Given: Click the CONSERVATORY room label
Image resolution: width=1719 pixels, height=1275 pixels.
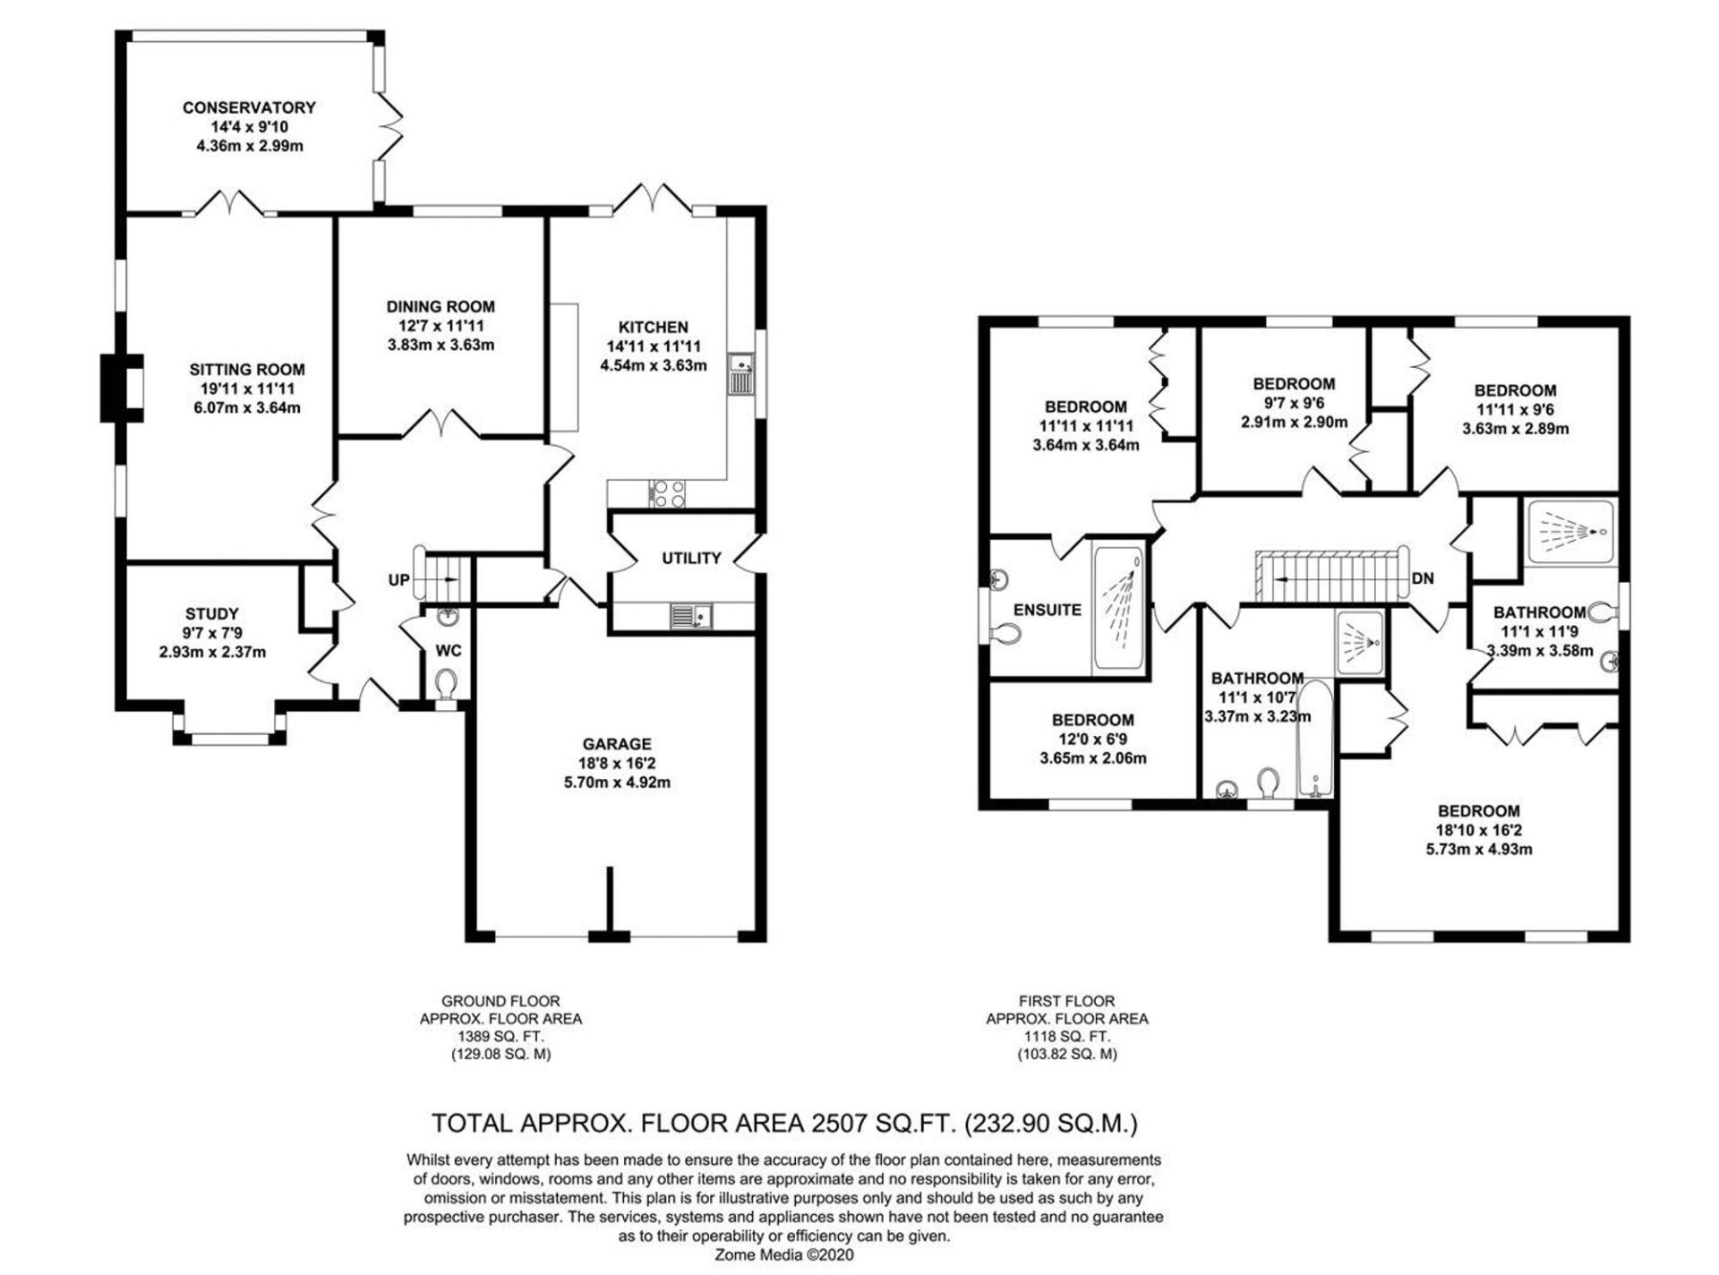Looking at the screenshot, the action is [249, 107].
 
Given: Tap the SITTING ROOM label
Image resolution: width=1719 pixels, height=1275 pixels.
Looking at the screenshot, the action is [247, 369].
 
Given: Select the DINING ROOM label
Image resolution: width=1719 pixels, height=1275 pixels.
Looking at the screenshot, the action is [440, 306].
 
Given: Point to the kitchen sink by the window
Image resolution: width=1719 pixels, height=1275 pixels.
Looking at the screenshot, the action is [742, 373].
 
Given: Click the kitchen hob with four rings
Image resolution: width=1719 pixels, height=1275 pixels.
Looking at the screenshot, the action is [666, 493].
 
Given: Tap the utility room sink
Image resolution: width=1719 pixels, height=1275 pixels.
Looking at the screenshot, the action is [690, 616].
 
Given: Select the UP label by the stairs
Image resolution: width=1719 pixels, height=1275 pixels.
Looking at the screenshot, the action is [398, 580].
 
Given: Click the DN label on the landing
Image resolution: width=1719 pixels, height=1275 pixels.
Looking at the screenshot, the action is [1422, 578].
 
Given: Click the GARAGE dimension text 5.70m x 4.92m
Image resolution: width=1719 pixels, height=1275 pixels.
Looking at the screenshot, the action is [616, 783].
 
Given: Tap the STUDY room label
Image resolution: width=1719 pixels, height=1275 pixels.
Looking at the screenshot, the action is [212, 613].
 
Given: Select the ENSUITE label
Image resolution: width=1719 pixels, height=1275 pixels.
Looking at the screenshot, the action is [1048, 610].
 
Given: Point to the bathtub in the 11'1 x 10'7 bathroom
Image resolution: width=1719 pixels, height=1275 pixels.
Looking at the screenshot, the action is [1315, 740].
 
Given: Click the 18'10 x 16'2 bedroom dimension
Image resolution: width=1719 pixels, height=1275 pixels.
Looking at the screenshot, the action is [1479, 830].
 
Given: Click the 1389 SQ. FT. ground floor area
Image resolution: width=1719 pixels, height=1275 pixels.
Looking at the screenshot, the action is [500, 1036].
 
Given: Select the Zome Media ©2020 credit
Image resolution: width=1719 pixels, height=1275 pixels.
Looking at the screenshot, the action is [783, 1254].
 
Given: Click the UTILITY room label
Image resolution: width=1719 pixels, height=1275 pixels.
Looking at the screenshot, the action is [691, 559].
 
